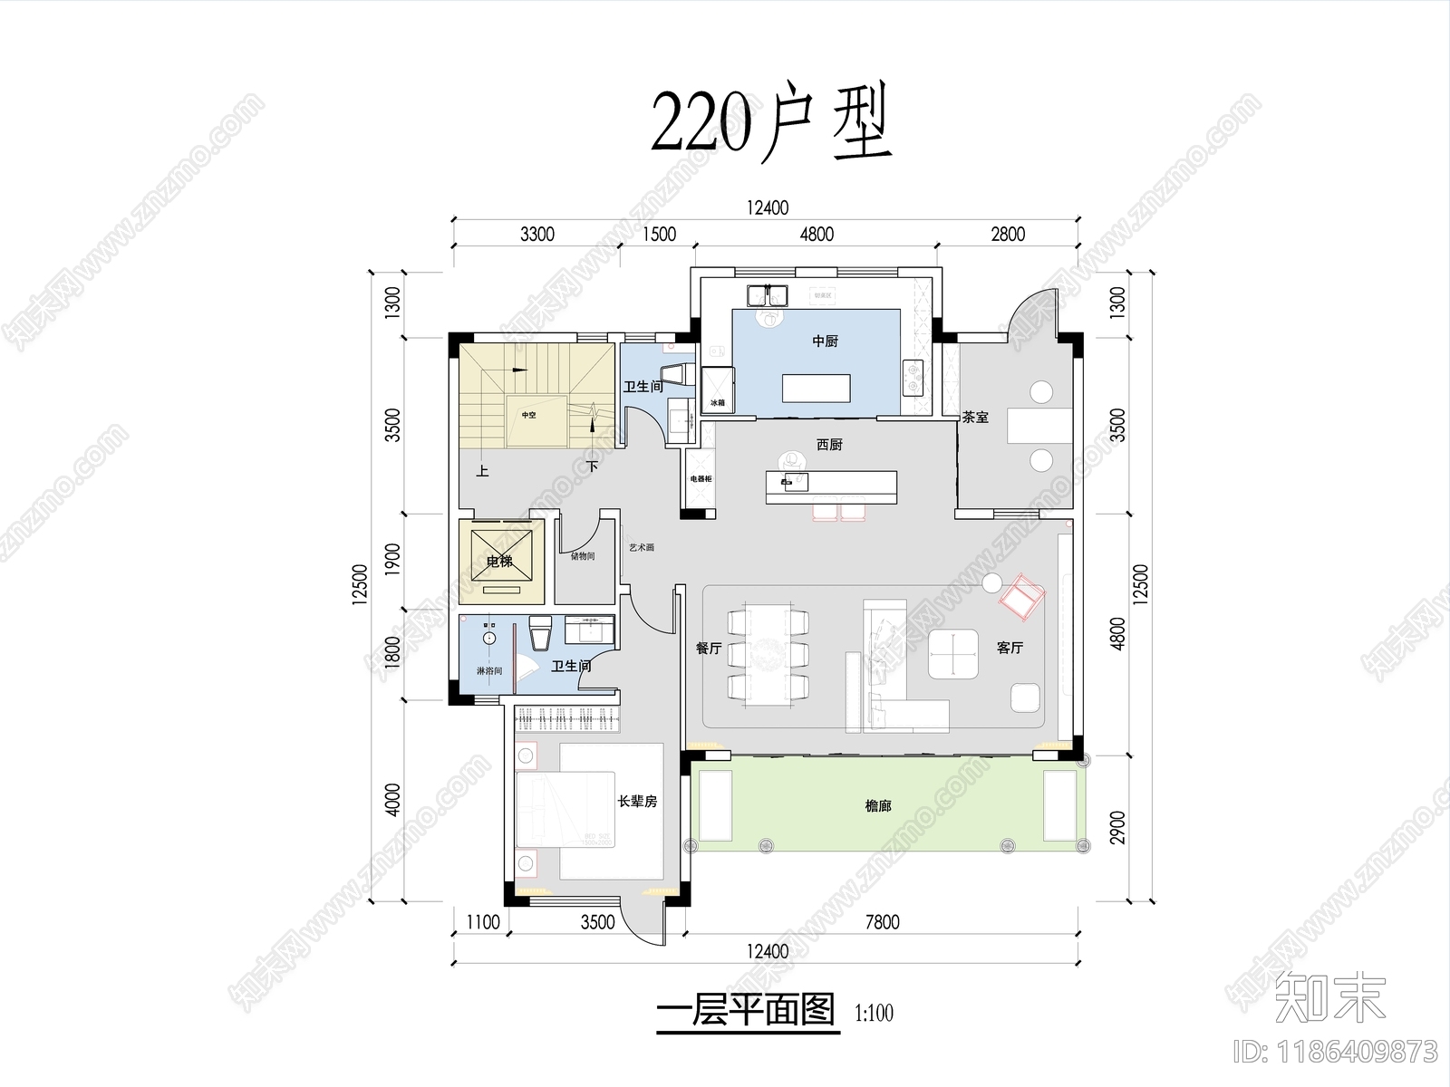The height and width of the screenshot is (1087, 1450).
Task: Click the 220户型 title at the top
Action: point(771,124)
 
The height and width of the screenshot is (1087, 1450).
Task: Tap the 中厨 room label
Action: point(825,341)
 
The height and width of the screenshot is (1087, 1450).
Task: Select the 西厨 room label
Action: point(829,445)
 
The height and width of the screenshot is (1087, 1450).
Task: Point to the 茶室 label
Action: point(975,418)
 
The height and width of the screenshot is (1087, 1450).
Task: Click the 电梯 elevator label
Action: point(499,562)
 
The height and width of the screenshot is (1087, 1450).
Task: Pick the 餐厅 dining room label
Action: point(709,649)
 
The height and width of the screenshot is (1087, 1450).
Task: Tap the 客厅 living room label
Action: point(1010,649)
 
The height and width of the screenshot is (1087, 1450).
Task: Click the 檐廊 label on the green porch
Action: point(877,805)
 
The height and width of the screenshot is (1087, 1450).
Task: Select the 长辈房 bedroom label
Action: point(637,802)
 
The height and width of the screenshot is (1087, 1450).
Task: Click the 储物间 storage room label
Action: point(583,556)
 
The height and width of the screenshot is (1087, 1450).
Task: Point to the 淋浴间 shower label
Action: point(489,671)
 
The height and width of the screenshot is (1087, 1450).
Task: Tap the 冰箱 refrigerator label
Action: point(718,402)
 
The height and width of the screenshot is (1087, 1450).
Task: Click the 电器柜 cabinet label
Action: point(701,478)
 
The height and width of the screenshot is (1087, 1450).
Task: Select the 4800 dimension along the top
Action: point(816,235)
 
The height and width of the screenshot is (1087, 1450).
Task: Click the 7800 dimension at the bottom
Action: point(882,922)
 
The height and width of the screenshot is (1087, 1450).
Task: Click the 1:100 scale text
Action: point(874,1012)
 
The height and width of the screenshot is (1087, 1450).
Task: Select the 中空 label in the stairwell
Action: point(528,415)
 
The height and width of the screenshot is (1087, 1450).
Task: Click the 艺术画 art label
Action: point(642,548)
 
